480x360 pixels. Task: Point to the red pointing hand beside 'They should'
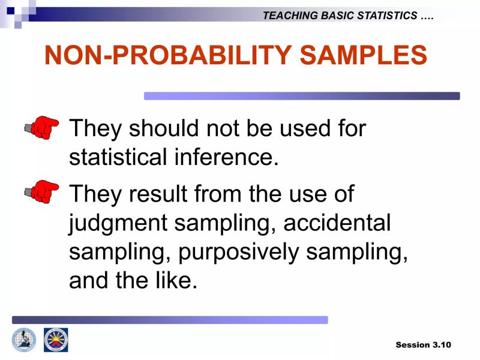(42, 127)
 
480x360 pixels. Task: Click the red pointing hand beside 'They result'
(42, 191)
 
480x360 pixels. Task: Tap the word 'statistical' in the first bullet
(118, 157)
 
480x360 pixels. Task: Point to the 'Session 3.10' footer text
(423, 344)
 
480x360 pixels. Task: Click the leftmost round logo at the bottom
(24, 340)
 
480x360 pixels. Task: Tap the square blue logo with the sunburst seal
(56, 340)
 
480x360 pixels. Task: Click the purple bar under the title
(302, 96)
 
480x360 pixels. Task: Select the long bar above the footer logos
(170, 320)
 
